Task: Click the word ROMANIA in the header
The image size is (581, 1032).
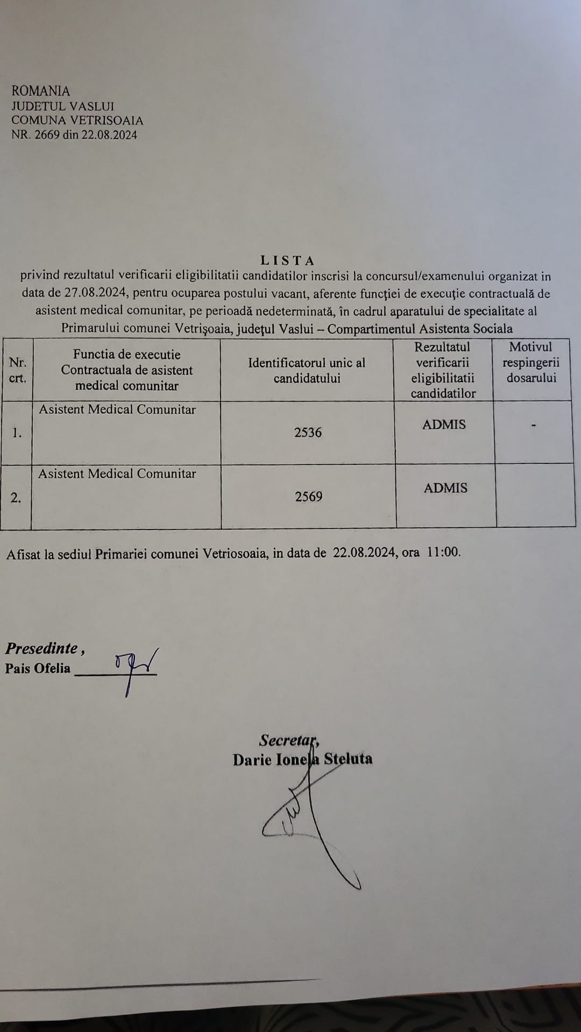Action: (x=41, y=91)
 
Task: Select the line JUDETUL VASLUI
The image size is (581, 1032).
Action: (x=63, y=106)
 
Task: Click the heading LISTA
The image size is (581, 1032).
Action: (x=287, y=261)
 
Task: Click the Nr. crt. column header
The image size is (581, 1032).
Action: (x=18, y=370)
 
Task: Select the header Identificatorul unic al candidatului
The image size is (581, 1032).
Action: (x=307, y=370)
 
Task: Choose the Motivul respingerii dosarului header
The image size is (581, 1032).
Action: (x=531, y=362)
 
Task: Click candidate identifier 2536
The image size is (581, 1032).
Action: (x=308, y=433)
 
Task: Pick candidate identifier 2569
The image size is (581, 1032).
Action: (x=309, y=497)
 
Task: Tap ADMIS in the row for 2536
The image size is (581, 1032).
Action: (x=444, y=425)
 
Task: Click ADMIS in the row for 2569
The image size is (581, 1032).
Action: (x=445, y=488)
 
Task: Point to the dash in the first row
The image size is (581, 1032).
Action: (x=533, y=426)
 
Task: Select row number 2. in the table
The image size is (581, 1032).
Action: (x=16, y=498)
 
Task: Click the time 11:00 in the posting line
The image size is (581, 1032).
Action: (x=443, y=553)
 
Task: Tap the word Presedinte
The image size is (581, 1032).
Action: (x=42, y=648)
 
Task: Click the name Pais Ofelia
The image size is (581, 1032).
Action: (x=38, y=668)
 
